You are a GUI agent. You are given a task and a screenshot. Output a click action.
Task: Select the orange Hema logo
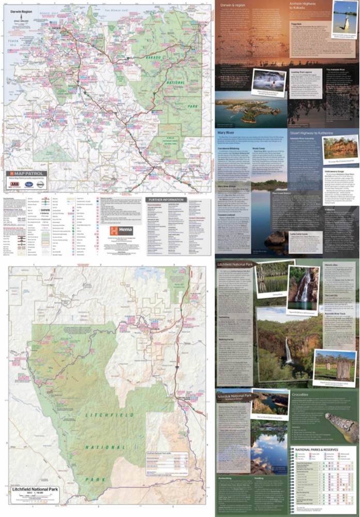point(121,230)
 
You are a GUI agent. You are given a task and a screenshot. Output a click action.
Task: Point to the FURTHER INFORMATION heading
point(164,199)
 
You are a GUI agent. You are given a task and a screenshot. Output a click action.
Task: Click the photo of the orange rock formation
point(340,147)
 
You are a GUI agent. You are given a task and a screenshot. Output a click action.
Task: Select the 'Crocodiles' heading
point(302,394)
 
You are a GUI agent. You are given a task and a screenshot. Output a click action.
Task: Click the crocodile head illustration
point(341,427)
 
